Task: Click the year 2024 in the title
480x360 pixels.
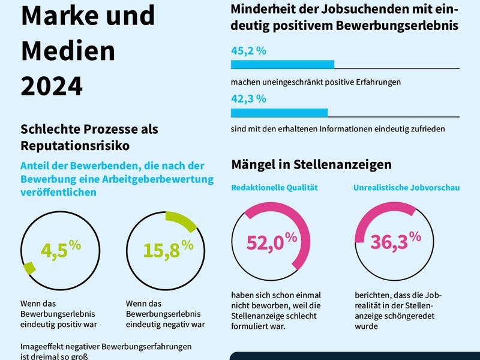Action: pos(52,86)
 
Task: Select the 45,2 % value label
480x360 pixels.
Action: pos(248,51)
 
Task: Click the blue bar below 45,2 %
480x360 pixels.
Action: pos(282,65)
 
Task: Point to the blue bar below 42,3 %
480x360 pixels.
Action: pos(279,113)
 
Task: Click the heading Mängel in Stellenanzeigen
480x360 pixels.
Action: pos(311,164)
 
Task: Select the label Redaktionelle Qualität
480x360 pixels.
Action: pos(274,188)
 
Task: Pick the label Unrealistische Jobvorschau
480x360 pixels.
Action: pos(406,188)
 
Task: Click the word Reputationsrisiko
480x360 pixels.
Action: pos(75,145)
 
